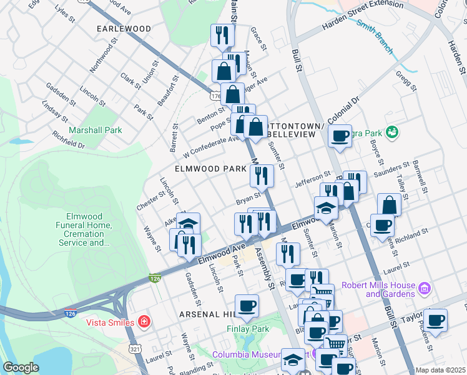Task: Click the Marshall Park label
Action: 96,130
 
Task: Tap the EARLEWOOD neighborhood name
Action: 124,29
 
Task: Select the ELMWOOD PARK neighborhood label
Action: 206,169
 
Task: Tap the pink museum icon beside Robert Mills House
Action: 425,289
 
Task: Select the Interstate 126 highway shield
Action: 155,277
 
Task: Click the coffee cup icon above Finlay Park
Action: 247,306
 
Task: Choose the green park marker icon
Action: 391,132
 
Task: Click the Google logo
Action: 21,367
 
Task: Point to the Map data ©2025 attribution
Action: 440,370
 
